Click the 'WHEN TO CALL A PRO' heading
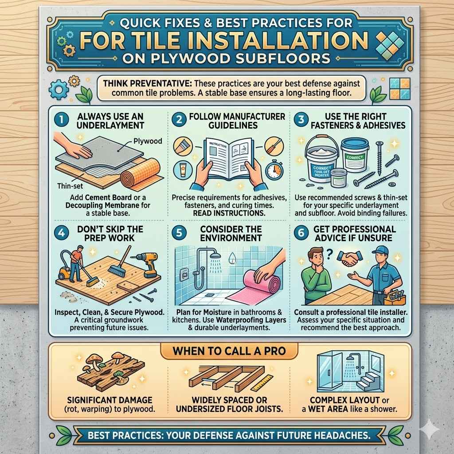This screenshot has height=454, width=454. pyautogui.click(x=229, y=351)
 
